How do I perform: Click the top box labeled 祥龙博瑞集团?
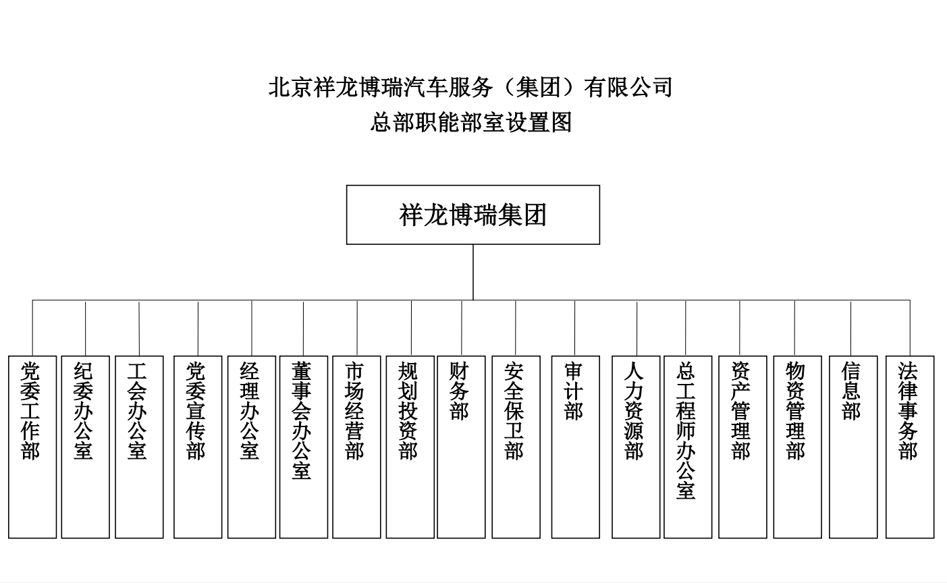(472, 215)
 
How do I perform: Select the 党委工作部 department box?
(32, 447)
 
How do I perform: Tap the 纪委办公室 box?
(86, 447)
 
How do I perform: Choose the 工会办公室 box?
(139, 447)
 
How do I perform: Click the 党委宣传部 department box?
(198, 447)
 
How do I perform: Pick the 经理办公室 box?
(252, 447)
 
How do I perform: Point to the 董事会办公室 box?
(304, 447)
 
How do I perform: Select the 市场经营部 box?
(356, 447)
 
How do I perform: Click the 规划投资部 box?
(410, 447)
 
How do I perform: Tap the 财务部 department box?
(461, 447)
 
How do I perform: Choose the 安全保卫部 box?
(516, 447)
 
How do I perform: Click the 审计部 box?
(575, 447)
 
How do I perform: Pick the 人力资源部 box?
(636, 447)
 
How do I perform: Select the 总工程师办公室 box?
(688, 447)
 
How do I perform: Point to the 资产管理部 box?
(742, 447)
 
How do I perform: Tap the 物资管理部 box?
(798, 447)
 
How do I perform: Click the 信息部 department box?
(853, 447)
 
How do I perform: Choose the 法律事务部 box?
(910, 447)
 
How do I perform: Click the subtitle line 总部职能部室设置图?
(471, 122)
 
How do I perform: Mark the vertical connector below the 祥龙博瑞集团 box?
(473, 272)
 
